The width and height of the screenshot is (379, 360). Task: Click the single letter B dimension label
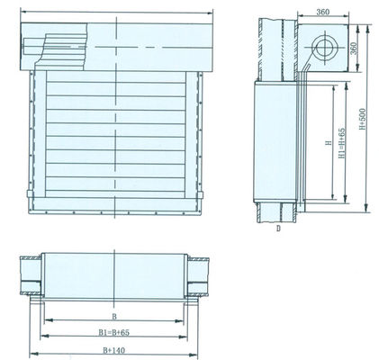[x=113, y=316]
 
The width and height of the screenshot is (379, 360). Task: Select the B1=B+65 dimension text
[x=113, y=331]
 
